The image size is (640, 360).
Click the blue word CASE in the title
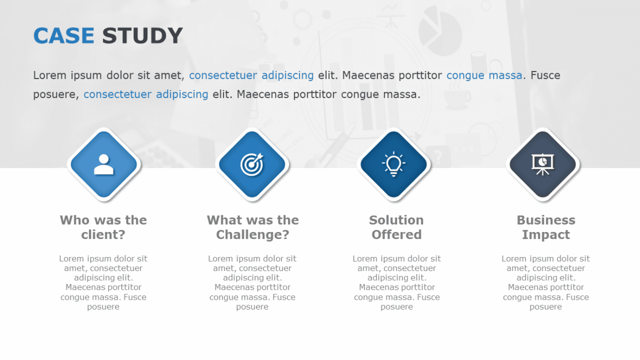63,36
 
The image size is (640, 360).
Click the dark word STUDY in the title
142,36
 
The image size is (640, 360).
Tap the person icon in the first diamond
104,164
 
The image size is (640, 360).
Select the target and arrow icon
252,164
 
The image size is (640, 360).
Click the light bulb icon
394,164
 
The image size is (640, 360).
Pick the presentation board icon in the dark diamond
542,164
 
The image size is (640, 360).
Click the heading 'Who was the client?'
103,227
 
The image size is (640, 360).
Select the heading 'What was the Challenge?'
252,227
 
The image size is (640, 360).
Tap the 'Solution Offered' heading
396,227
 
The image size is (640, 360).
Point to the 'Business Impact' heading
546,227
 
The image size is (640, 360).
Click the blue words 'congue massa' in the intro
484,75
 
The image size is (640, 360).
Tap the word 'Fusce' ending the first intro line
545,75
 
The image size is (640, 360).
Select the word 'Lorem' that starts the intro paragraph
49,75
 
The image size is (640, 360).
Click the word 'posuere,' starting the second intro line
56,95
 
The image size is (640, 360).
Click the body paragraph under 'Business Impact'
546,282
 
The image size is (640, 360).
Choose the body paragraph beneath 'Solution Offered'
396,282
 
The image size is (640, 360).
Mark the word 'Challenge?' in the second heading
252,235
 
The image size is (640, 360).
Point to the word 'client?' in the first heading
103,235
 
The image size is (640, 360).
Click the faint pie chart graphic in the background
440,30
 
